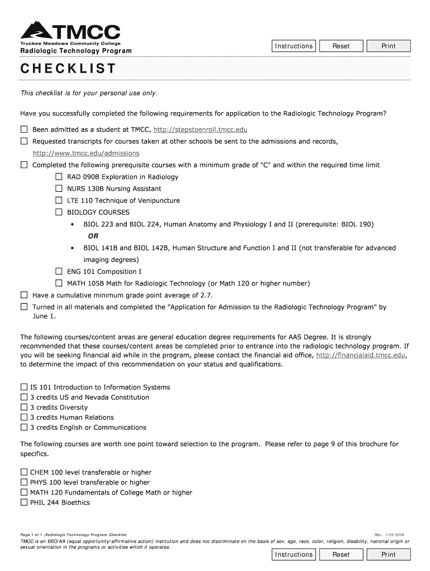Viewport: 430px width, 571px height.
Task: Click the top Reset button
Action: (x=341, y=46)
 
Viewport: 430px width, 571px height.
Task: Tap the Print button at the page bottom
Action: (x=388, y=555)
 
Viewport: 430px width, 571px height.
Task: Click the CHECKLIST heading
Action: (x=68, y=69)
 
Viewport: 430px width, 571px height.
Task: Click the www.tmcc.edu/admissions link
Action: (x=86, y=153)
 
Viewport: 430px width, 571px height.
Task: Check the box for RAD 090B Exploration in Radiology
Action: (x=59, y=177)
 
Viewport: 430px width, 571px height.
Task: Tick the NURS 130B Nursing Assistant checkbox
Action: (x=59, y=188)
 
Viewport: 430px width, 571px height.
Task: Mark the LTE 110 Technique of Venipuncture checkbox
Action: (x=59, y=200)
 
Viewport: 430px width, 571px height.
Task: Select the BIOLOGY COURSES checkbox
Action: (x=59, y=212)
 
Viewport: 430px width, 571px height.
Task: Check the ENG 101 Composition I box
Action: (x=59, y=271)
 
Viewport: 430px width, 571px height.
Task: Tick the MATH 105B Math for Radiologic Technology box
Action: (x=59, y=283)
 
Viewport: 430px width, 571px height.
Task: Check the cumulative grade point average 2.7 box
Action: (x=24, y=295)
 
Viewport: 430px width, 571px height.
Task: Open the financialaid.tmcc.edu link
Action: (x=360, y=355)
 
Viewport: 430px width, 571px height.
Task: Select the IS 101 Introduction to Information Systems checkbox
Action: (x=24, y=387)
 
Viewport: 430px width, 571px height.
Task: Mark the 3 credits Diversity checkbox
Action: (x=24, y=407)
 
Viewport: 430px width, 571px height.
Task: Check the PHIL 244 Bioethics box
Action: (x=24, y=502)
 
